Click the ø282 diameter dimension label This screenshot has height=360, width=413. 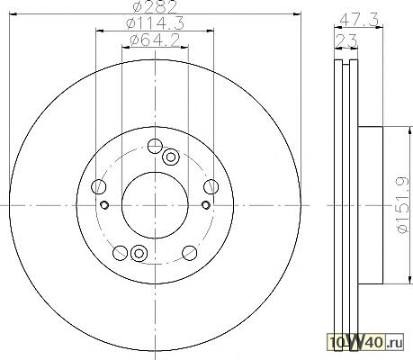(155, 7)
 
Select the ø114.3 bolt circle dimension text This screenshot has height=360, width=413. (155, 23)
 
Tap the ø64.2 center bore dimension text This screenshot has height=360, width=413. (155, 40)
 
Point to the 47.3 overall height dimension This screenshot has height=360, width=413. (359, 20)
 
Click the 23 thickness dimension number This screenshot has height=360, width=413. (346, 40)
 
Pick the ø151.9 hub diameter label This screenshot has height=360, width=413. (402, 205)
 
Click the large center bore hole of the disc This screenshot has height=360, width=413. (155, 205)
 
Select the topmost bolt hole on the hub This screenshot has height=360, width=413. (155, 146)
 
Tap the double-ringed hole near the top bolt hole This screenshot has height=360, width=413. (171, 157)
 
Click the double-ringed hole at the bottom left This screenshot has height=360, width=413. (139, 253)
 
